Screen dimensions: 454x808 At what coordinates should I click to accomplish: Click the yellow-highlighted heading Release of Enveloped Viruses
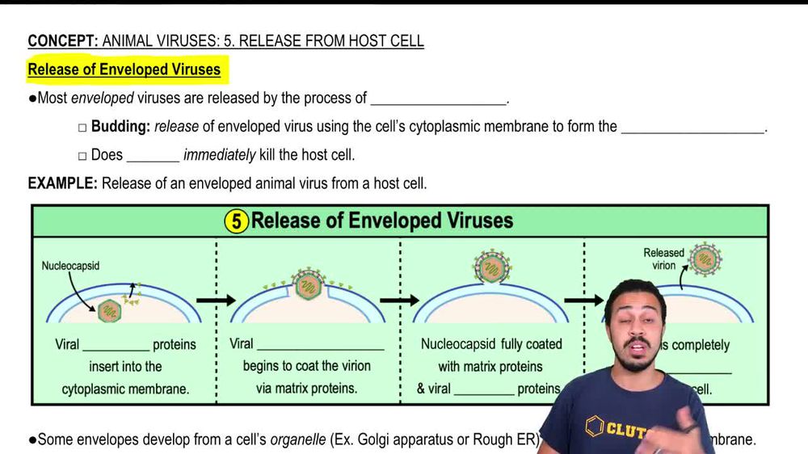pyautogui.click(x=124, y=69)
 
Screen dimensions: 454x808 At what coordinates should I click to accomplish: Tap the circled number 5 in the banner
pyautogui.click(x=235, y=221)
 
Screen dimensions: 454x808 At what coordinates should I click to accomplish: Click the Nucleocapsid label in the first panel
pyautogui.click(x=70, y=265)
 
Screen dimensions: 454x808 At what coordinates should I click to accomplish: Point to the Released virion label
pyautogui.click(x=663, y=259)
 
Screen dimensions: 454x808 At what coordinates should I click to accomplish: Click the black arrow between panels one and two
pyautogui.click(x=216, y=301)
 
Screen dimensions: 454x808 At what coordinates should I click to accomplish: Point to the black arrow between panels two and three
pyautogui.click(x=400, y=301)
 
